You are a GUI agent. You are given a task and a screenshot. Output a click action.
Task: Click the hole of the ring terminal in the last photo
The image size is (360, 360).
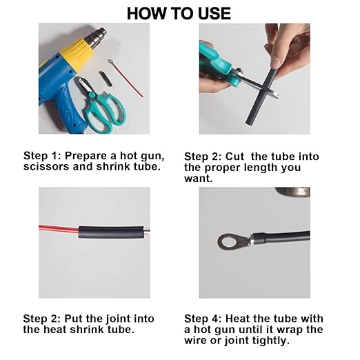pos(226,241)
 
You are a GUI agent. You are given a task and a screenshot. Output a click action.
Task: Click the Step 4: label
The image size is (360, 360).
pos(203,319)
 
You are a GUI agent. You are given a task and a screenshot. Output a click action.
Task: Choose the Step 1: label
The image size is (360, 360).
pos(43,156)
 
